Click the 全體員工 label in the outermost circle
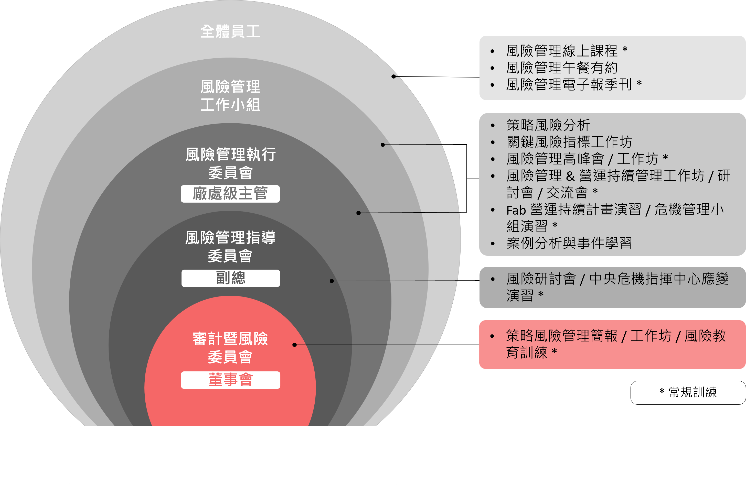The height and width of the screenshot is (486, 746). pyautogui.click(x=230, y=31)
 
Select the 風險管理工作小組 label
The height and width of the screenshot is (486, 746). pyautogui.click(x=230, y=95)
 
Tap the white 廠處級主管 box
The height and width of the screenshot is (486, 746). pyautogui.click(x=230, y=194)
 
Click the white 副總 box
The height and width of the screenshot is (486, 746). pyautogui.click(x=231, y=278)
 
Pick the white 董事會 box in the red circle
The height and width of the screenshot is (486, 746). pyautogui.click(x=231, y=380)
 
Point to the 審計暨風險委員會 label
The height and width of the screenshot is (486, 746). pyautogui.click(x=230, y=348)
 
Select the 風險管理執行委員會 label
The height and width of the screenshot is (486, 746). pyautogui.click(x=230, y=163)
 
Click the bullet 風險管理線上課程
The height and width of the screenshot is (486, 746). pyautogui.click(x=567, y=50)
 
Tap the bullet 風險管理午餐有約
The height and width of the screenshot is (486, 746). pyautogui.click(x=562, y=67)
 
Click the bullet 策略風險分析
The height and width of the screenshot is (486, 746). pyautogui.click(x=548, y=125)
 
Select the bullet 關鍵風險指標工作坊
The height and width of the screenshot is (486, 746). pyautogui.click(x=569, y=142)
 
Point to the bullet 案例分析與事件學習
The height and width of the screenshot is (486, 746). pyautogui.click(x=569, y=243)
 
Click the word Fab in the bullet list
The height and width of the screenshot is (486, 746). pyautogui.click(x=516, y=210)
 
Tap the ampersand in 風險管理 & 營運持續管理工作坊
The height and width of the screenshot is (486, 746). pyautogui.click(x=570, y=176)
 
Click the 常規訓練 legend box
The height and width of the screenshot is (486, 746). pyautogui.click(x=688, y=393)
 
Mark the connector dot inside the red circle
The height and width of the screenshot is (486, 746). pyautogui.click(x=294, y=345)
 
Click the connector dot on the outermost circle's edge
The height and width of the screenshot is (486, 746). pyautogui.click(x=393, y=76)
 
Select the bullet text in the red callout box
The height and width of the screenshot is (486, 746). pyautogui.click(x=616, y=344)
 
